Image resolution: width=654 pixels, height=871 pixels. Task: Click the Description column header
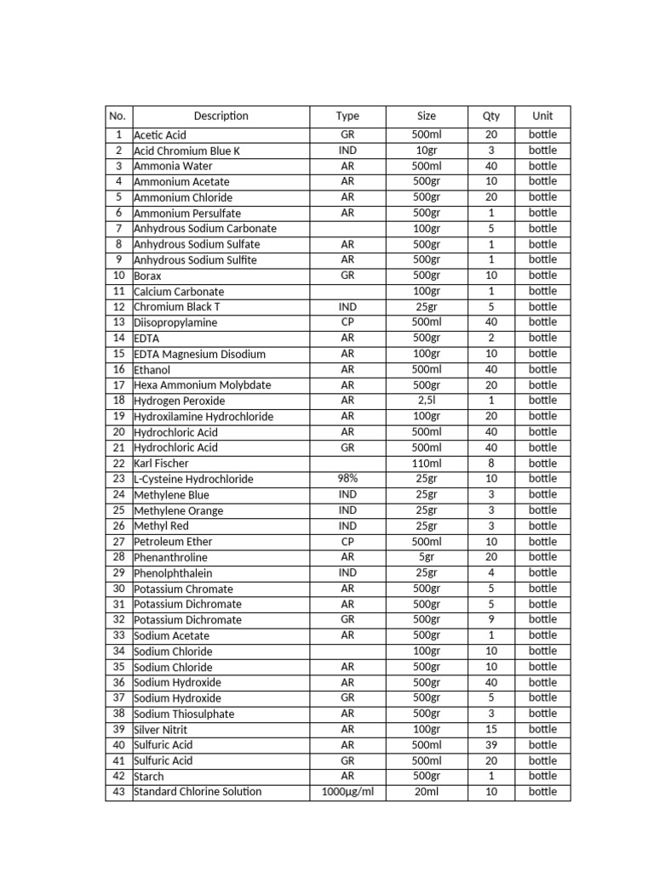[x=221, y=116]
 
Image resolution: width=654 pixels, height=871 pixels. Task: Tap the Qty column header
[x=491, y=116]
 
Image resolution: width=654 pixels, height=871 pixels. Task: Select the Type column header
[x=347, y=116]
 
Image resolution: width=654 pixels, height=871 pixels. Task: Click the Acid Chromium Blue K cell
[x=187, y=151]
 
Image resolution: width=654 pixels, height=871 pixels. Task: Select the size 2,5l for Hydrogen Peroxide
[x=427, y=401]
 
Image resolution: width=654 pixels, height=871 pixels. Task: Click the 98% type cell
[x=347, y=479]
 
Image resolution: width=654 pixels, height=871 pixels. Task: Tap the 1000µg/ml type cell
[x=347, y=792]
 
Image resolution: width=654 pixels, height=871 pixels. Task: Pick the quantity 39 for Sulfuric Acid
[x=491, y=745]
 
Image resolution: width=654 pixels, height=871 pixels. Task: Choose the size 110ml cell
[x=427, y=464]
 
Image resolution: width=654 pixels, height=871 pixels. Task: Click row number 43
[x=118, y=792]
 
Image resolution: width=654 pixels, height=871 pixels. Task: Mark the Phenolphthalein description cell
[x=173, y=573]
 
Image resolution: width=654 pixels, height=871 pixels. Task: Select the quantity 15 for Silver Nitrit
[x=491, y=730]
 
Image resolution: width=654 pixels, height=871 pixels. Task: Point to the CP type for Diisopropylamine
[x=347, y=322]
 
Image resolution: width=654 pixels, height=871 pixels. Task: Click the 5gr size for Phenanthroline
[x=427, y=557]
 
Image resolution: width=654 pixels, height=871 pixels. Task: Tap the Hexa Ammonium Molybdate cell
[x=202, y=385]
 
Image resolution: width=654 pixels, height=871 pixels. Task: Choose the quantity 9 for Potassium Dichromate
[x=491, y=620]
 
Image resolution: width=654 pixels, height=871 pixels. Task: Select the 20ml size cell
[x=427, y=792]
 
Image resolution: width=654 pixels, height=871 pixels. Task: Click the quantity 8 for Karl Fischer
[x=491, y=464]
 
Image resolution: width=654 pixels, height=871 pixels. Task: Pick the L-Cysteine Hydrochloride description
[x=193, y=479]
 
